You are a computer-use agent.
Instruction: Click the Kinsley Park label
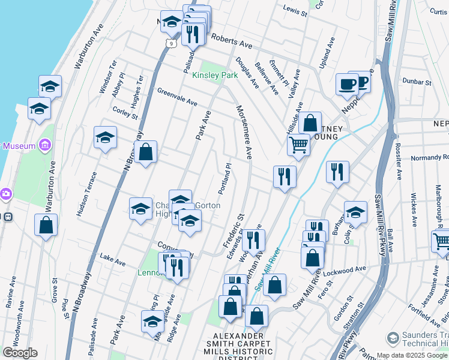tap(215, 76)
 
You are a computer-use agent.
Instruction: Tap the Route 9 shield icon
tap(170, 43)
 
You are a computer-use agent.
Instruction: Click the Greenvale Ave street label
tap(177, 97)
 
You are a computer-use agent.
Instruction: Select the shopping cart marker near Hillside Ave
tap(298, 144)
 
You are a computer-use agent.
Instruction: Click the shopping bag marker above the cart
tap(310, 123)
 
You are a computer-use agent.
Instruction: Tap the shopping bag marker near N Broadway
tap(145, 152)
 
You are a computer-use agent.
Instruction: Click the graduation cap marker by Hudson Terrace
tap(105, 137)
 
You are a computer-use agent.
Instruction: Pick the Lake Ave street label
tap(113, 262)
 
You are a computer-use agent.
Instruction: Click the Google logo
tap(20, 353)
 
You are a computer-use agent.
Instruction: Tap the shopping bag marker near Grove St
tap(46, 226)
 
